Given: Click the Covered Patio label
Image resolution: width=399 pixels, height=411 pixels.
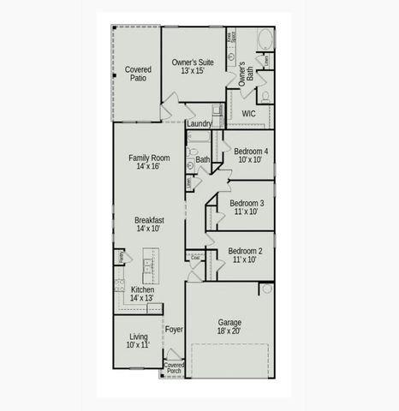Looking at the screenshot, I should point(138,74).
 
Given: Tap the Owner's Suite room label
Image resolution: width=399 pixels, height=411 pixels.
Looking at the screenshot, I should point(193,67).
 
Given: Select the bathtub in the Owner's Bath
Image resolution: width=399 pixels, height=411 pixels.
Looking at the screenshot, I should point(264,39).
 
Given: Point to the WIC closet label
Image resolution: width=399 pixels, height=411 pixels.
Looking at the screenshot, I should point(249,113).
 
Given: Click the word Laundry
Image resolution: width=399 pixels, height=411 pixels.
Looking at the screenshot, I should point(199,123).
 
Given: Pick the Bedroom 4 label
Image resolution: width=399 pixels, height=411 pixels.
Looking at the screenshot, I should point(252,155).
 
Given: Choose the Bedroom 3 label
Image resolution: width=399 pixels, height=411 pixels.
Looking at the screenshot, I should point(247,207).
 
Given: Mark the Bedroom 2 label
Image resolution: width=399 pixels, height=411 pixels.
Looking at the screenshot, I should point(247,254).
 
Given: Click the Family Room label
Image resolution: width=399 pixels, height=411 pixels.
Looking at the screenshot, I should point(149,163).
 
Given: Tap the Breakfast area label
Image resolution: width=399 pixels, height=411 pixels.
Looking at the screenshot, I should point(149,224).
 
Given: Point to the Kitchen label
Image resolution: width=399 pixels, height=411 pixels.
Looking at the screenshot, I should point(142,294).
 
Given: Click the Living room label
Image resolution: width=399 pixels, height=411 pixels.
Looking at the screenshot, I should point(138,341).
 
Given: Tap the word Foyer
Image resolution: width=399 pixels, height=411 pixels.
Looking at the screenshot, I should point(174,329).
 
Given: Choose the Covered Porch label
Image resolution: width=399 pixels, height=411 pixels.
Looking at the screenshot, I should point(174,368).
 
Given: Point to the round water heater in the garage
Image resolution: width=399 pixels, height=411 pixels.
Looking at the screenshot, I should point(265,289).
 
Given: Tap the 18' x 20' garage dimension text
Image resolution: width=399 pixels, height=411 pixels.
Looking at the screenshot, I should point(229,331).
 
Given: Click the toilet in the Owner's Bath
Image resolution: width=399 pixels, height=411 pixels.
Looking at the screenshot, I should point(265,96).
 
